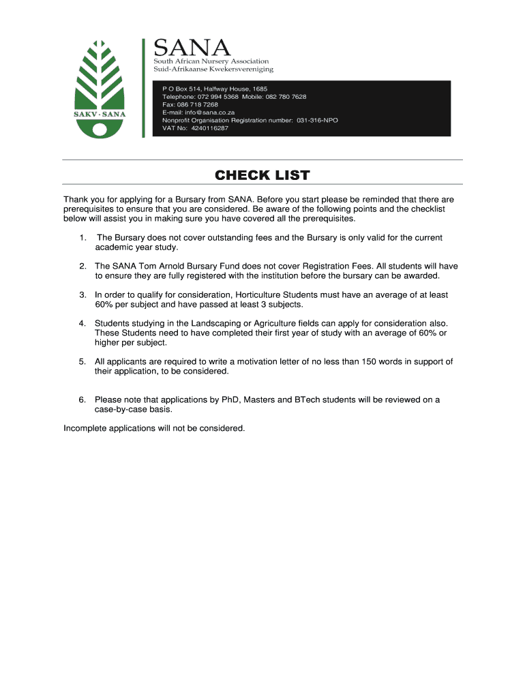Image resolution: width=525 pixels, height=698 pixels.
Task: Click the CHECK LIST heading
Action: click(x=262, y=176)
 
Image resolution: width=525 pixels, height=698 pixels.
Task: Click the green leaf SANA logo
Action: click(x=100, y=88)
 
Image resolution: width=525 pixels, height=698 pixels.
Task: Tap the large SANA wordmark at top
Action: click(x=192, y=48)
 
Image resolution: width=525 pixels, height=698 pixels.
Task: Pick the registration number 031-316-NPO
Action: click(x=317, y=120)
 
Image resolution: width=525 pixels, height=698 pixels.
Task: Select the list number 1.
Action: click(x=82, y=238)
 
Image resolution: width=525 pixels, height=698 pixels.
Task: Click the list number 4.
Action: click(x=82, y=323)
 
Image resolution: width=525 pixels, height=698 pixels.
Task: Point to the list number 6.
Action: click(x=82, y=400)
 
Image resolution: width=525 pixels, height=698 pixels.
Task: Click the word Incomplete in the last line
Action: click(x=87, y=429)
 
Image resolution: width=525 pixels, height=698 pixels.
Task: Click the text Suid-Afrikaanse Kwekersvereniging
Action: click(x=213, y=69)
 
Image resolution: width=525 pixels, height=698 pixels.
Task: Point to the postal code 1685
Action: click(x=260, y=89)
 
